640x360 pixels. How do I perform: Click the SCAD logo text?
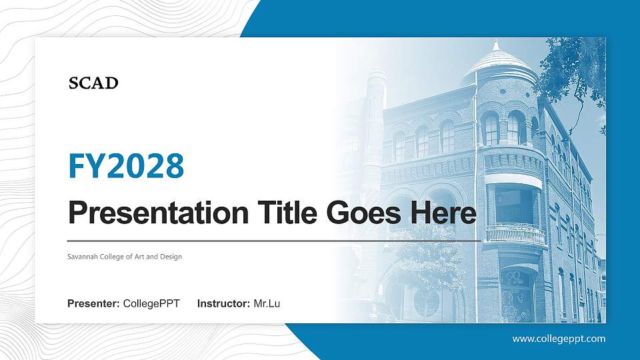[93, 83]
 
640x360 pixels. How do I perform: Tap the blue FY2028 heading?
[126, 166]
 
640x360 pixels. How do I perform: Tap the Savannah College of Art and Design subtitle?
[125, 257]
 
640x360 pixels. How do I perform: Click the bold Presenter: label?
[93, 304]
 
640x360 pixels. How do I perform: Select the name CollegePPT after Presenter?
[151, 304]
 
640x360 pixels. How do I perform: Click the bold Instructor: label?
[224, 304]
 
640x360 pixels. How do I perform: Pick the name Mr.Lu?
[267, 304]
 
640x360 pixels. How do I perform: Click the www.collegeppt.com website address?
[559, 339]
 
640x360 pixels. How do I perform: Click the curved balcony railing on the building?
[515, 233]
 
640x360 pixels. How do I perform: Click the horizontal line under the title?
[273, 240]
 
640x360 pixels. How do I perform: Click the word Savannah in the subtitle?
[82, 257]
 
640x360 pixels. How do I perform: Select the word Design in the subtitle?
[171, 257]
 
